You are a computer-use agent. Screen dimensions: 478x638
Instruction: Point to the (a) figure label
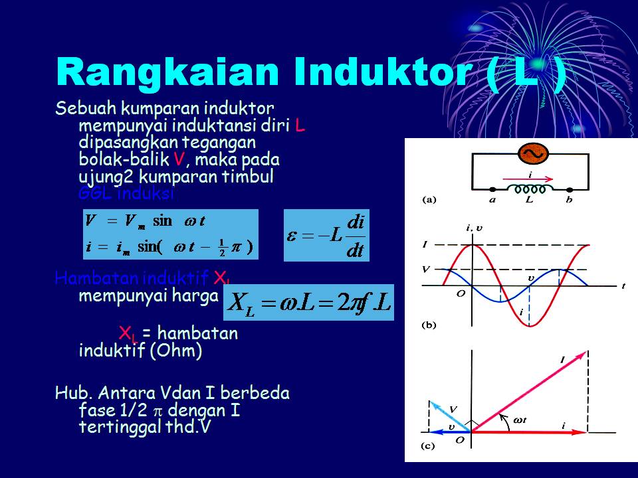click(429, 199)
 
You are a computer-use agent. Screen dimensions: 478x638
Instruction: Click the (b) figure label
click(429, 325)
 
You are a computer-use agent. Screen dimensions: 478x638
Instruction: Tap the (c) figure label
click(429, 446)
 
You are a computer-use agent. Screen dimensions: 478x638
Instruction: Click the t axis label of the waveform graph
click(623, 287)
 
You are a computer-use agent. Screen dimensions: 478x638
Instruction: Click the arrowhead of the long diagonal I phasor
click(585, 355)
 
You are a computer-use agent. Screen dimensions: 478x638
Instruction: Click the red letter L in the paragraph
click(300, 126)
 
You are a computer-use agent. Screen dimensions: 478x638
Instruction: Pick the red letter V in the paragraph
click(178, 160)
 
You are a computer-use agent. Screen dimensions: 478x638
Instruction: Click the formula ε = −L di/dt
click(326, 235)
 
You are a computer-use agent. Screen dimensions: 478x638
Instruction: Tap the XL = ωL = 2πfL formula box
click(311, 302)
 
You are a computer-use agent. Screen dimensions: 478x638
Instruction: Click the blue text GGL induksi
click(126, 194)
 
